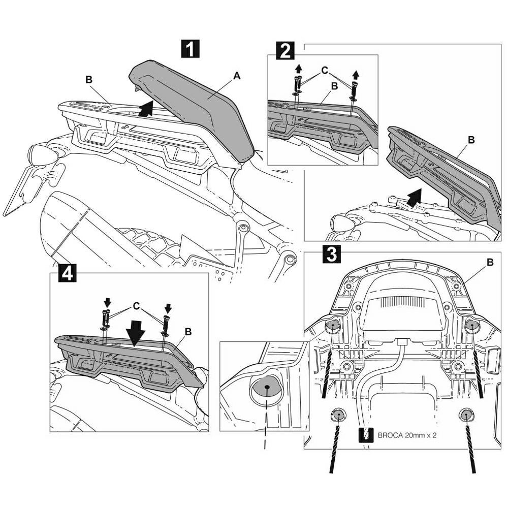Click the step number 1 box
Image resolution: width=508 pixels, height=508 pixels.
(190, 49)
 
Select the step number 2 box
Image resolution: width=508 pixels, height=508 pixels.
(284, 51)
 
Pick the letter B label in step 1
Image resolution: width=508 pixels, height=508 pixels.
(89, 79)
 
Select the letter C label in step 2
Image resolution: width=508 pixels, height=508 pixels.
(325, 71)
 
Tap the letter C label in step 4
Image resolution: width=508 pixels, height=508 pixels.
(136, 306)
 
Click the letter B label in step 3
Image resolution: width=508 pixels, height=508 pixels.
(490, 262)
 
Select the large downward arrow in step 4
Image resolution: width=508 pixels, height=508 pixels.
(136, 335)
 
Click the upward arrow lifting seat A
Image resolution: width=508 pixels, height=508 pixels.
(146, 109)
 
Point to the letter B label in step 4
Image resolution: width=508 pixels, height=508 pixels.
(188, 332)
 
